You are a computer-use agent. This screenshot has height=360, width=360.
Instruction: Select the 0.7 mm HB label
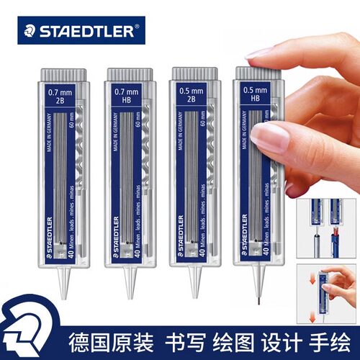[x=127, y=95]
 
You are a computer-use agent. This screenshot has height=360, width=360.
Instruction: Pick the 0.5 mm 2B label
[x=191, y=95]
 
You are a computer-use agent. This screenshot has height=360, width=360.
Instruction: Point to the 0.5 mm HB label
[x=253, y=95]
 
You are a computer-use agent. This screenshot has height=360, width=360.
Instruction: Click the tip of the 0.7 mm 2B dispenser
[x=64, y=294]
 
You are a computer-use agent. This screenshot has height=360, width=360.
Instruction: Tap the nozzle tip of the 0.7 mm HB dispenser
[x=130, y=294]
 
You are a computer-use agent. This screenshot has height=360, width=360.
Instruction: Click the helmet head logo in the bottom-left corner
[x=24, y=336]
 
